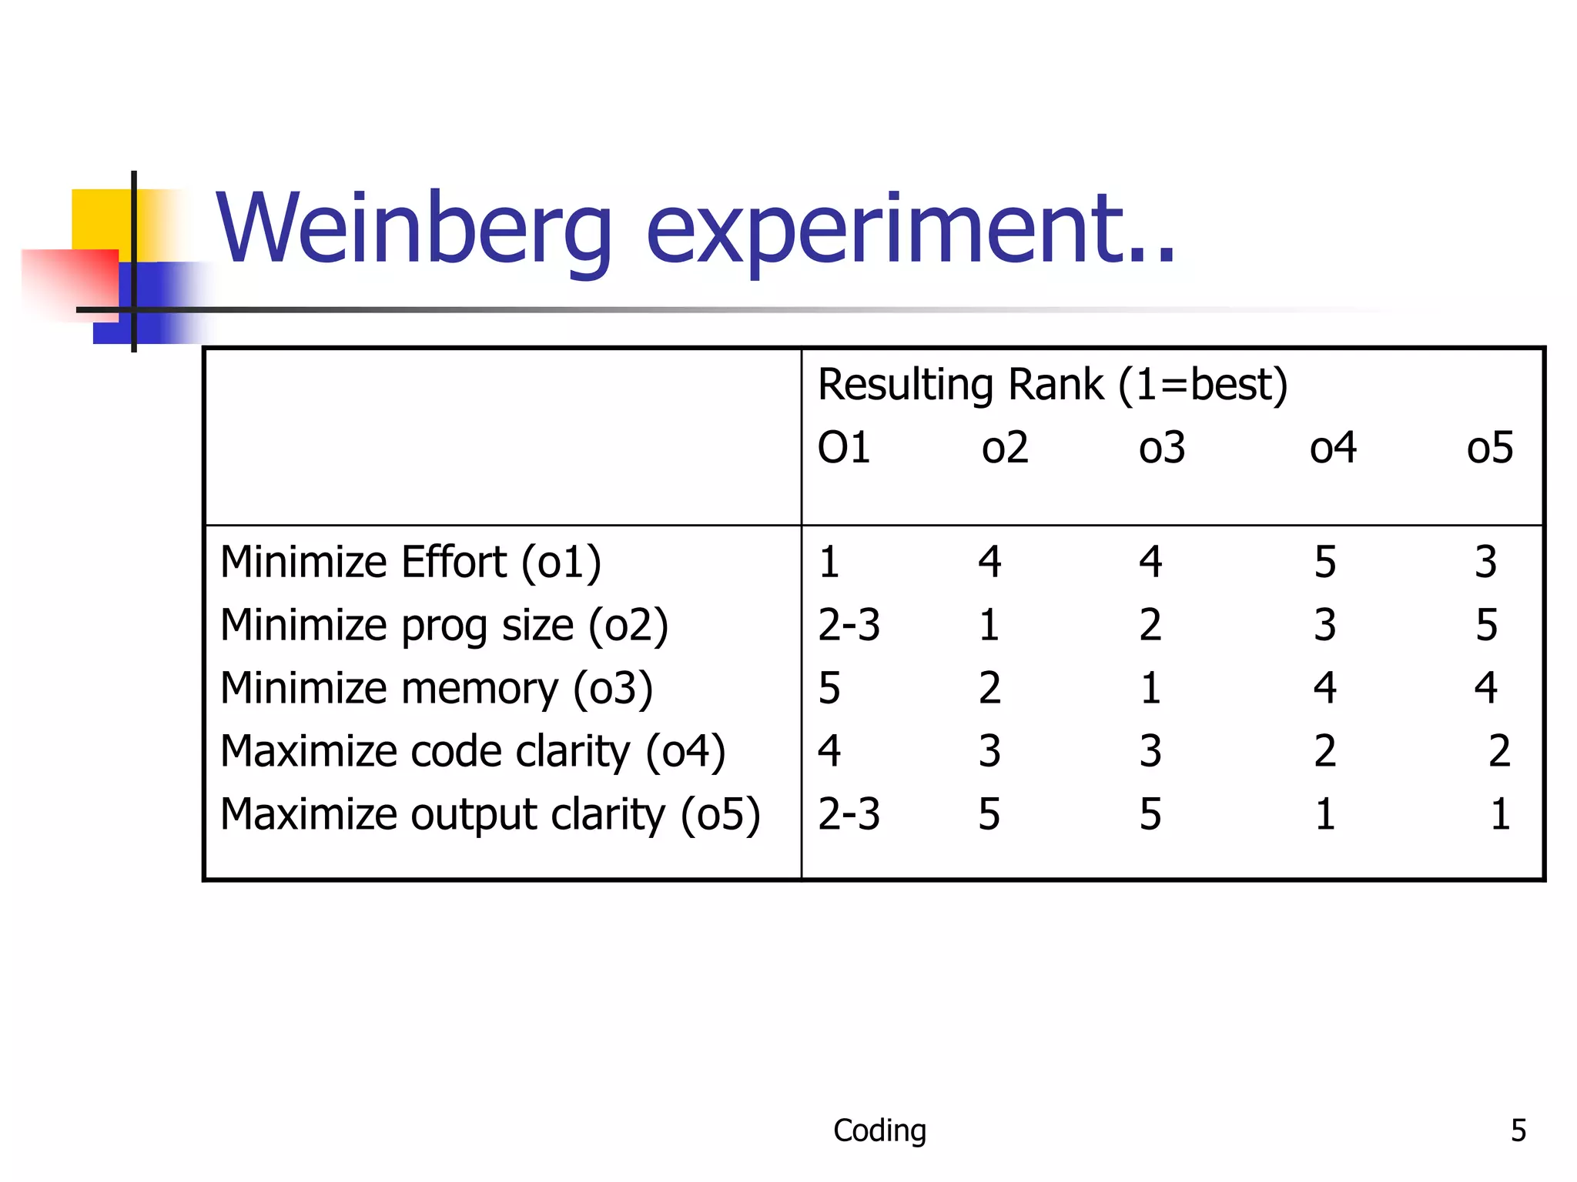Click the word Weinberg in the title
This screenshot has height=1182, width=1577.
click(414, 229)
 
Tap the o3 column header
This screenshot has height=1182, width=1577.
click(1162, 448)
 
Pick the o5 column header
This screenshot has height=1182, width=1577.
click(1489, 448)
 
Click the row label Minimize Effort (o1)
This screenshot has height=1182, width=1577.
click(410, 562)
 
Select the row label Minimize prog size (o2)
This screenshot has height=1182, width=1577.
click(444, 625)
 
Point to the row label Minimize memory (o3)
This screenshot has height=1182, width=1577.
click(437, 688)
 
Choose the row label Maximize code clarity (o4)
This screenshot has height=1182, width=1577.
click(473, 751)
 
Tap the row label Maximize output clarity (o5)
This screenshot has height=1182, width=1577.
click(491, 814)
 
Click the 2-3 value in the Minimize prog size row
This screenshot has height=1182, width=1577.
click(849, 625)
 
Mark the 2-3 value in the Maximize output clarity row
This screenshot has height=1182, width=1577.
click(849, 814)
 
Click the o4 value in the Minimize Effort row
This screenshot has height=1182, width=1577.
click(1324, 562)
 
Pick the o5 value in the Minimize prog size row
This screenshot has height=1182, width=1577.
click(1486, 625)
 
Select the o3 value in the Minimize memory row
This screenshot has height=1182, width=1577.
click(1150, 688)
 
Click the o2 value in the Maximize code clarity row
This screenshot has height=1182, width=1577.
click(989, 751)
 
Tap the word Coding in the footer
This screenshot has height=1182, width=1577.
click(879, 1130)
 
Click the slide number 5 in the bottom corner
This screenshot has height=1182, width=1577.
click(1518, 1130)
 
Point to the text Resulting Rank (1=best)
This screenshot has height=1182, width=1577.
click(1052, 385)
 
